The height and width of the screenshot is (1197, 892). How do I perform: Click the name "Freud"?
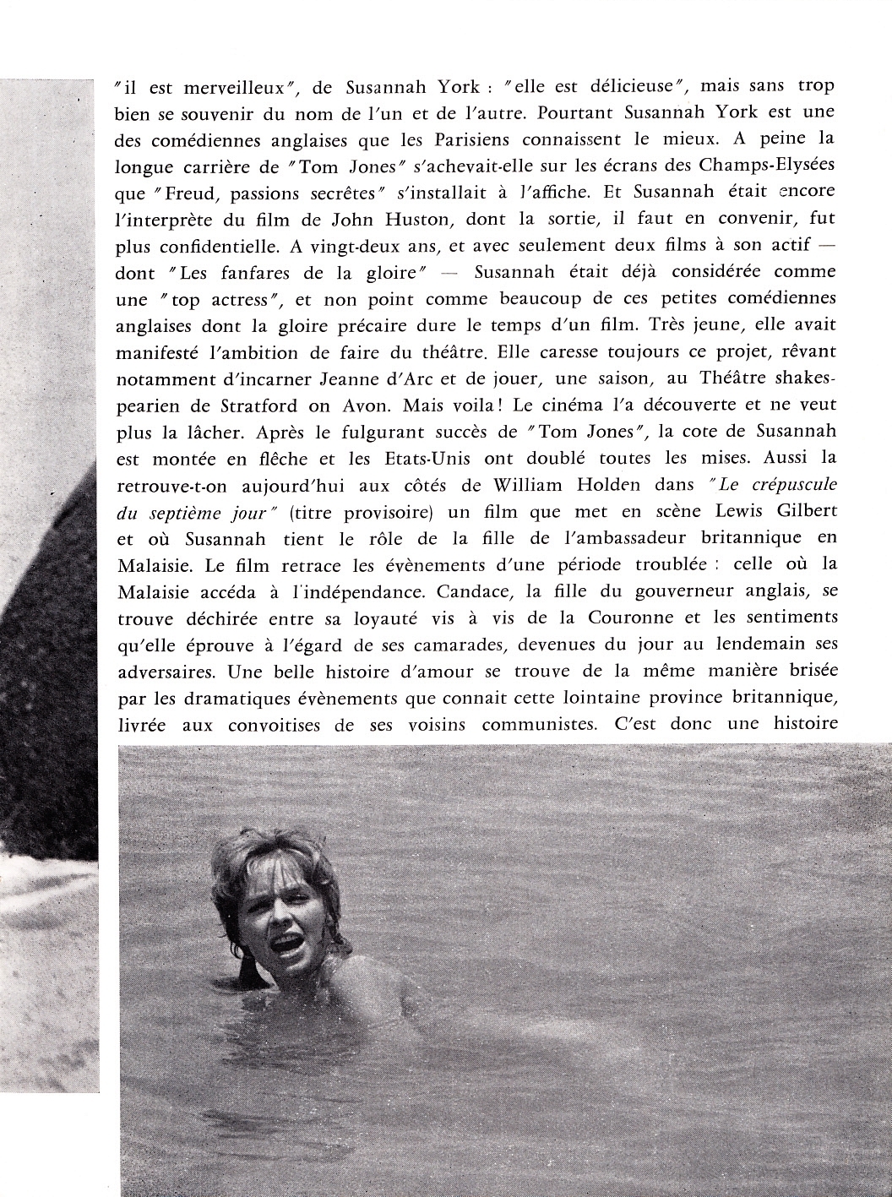coord(181,193)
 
